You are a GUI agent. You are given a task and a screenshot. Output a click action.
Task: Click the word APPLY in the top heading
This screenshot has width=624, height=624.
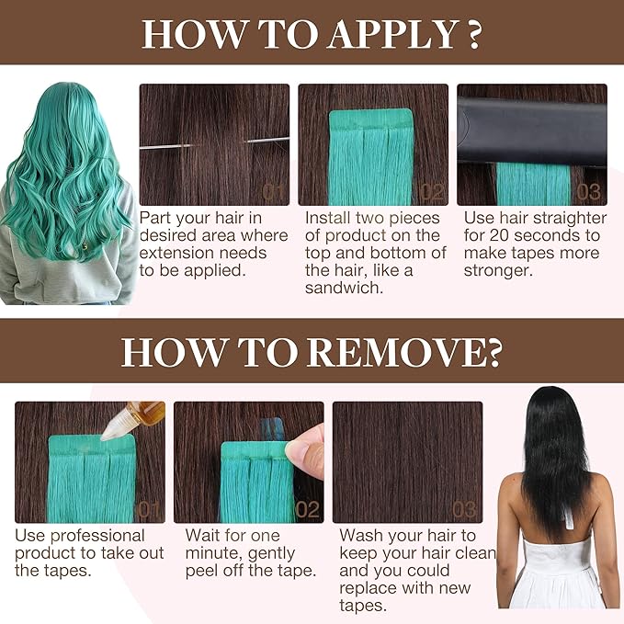(x=392, y=35)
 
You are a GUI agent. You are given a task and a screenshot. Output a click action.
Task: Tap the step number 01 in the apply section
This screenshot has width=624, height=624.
(x=274, y=192)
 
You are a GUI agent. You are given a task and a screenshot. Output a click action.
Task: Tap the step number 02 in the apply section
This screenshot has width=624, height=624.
(x=432, y=192)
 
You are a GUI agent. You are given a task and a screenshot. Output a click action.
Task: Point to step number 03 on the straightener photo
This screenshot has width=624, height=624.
(x=588, y=192)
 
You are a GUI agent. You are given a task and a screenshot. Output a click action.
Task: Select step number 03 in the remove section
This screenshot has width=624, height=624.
(x=464, y=510)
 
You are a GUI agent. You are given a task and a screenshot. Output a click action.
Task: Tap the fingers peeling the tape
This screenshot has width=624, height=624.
(x=306, y=451)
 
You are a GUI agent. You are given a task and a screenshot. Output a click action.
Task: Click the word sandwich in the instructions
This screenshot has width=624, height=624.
(x=345, y=288)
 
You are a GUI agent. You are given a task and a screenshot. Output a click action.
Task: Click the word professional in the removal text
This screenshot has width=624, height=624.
(x=97, y=536)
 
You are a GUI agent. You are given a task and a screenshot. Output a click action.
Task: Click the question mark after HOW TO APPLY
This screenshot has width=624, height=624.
(x=473, y=35)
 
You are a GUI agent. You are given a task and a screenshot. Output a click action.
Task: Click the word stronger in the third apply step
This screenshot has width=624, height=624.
(x=498, y=270)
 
